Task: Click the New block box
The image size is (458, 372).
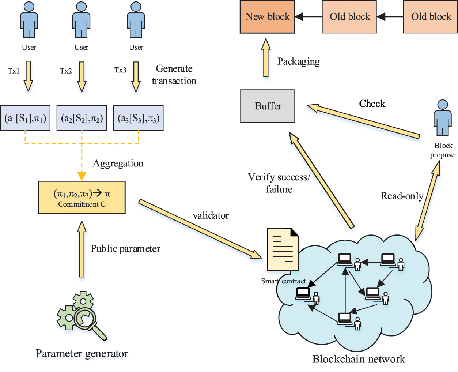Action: (x=267, y=17)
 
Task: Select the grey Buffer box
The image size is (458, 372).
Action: (x=268, y=106)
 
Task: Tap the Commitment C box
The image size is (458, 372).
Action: (x=82, y=198)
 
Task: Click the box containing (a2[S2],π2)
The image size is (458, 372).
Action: (x=82, y=118)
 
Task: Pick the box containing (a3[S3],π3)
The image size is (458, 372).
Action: (x=139, y=118)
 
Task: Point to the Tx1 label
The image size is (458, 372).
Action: (x=14, y=71)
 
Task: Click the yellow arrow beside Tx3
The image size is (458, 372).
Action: (x=136, y=76)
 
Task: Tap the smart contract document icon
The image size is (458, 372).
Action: (x=283, y=249)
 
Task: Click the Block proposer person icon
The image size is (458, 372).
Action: (x=443, y=118)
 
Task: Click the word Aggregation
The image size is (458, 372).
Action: (x=118, y=164)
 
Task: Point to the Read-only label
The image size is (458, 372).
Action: (x=402, y=196)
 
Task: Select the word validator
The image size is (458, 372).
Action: (x=211, y=215)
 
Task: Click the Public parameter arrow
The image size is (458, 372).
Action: (x=82, y=249)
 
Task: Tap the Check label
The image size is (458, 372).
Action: (x=372, y=104)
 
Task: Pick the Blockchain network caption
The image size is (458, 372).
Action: (x=359, y=359)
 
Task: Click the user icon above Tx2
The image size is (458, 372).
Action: (x=81, y=20)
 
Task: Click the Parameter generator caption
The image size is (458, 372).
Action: (x=82, y=354)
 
